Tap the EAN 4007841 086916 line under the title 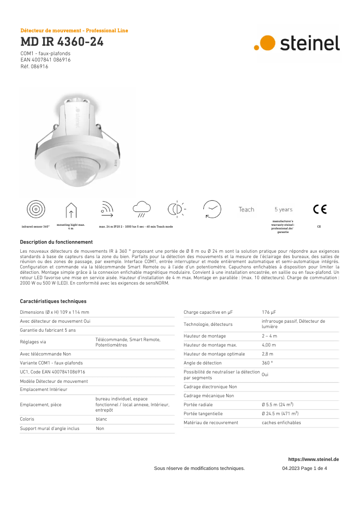[x=45, y=60]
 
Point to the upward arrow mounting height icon [x=71, y=210]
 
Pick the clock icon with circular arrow [x=212, y=209]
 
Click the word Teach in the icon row [x=246, y=210]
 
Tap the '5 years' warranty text [x=283, y=210]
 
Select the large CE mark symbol [x=320, y=209]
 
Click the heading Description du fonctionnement [x=56, y=242]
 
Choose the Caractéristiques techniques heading [x=53, y=301]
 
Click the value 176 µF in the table [x=269, y=312]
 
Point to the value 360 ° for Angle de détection [x=267, y=363]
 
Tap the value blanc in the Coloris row [x=101, y=419]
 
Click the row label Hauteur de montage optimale [x=214, y=354]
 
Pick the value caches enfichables [x=281, y=423]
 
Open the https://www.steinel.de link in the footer [x=313, y=459]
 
